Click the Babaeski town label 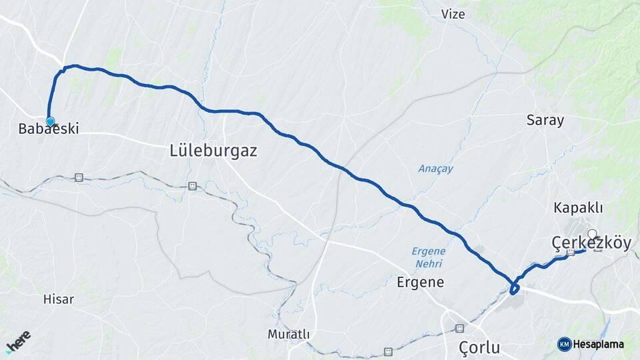pyautogui.click(x=49, y=129)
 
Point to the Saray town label pyautogui.click(x=545, y=121)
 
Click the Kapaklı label pyautogui.click(x=578, y=208)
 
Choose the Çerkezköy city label pyautogui.click(x=591, y=243)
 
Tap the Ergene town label pyautogui.click(x=420, y=282)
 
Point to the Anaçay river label pyautogui.click(x=435, y=169)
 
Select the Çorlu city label pyautogui.click(x=479, y=347)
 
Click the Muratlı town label pyautogui.click(x=289, y=334)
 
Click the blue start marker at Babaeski pyautogui.click(x=50, y=121)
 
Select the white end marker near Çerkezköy pyautogui.click(x=592, y=234)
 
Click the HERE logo pyautogui.click(x=18, y=341)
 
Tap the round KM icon pyautogui.click(x=564, y=344)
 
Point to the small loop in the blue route pyautogui.click(x=514, y=288)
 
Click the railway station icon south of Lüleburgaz pyautogui.click(x=193, y=186)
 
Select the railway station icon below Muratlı pyautogui.click(x=388, y=351)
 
